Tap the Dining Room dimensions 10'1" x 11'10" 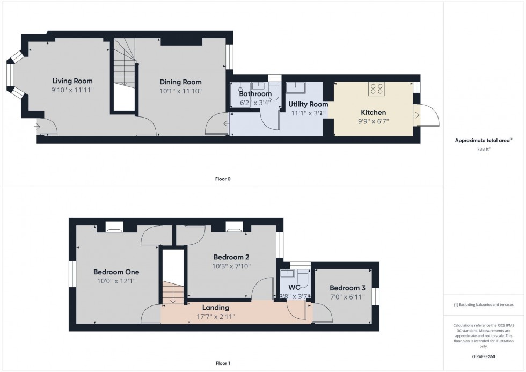[x=180, y=91]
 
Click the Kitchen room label [x=373, y=112]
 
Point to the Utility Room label [x=308, y=104]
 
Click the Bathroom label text [x=255, y=94]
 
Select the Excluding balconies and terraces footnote [x=483, y=304]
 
